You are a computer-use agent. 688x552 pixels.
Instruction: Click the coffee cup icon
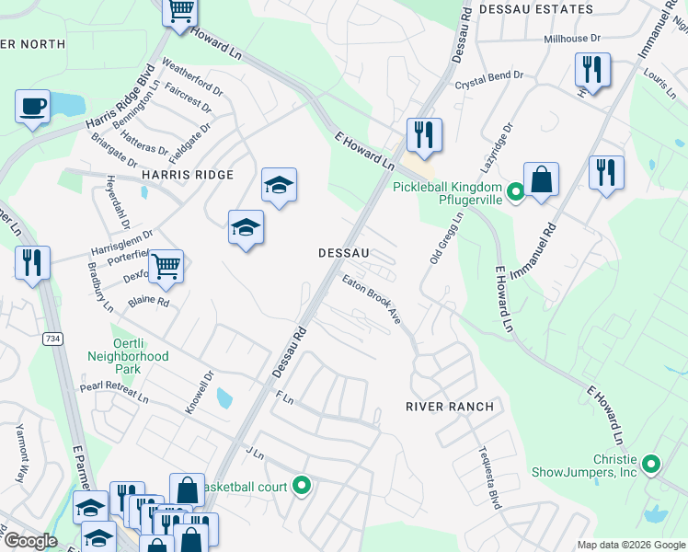(x=33, y=105)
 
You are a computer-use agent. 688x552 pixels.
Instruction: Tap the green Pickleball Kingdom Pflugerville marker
(x=517, y=192)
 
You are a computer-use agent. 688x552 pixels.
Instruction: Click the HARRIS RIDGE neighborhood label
(x=188, y=175)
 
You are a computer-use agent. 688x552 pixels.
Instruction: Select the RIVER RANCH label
(x=451, y=406)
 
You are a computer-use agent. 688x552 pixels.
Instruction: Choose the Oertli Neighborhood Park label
(x=129, y=355)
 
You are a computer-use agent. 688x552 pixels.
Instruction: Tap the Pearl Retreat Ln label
(x=113, y=393)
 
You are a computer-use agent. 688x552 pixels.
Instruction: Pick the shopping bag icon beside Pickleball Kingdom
(x=542, y=180)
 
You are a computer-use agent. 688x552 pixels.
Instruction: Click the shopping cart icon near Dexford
(x=166, y=266)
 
